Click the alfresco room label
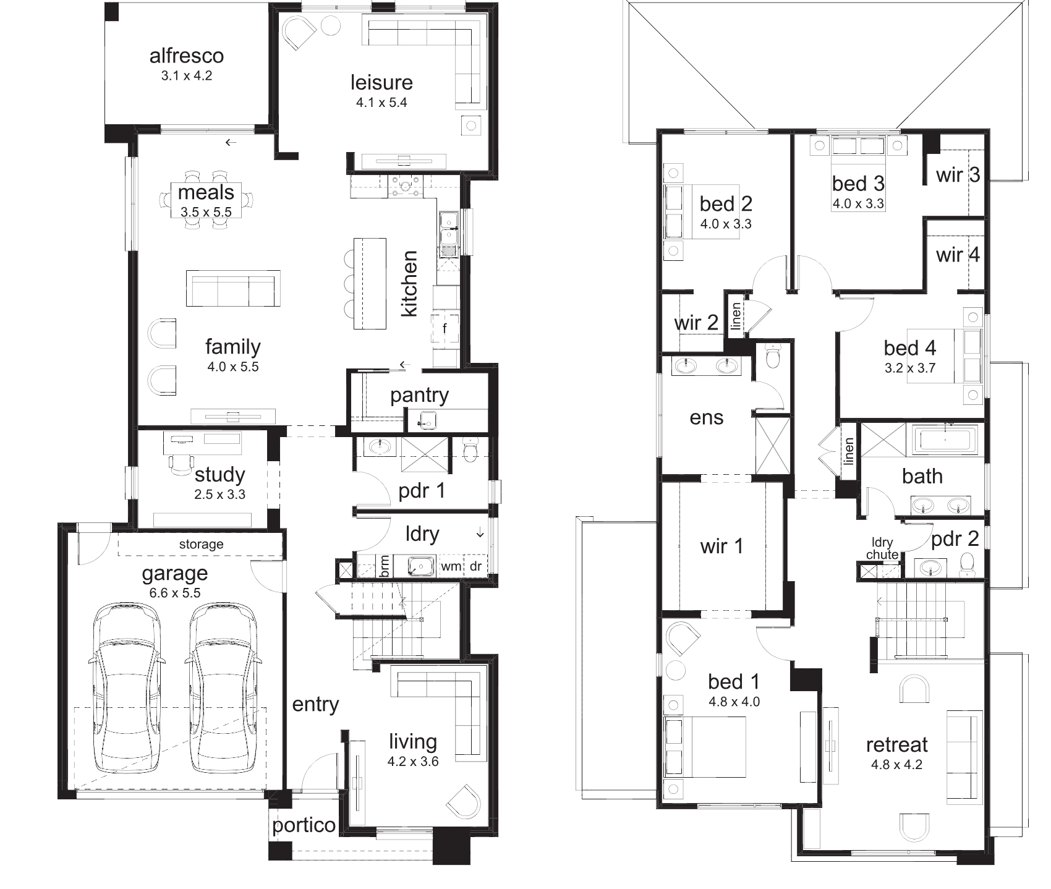click(x=187, y=56)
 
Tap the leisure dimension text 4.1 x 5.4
click(x=381, y=103)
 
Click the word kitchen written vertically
click(x=409, y=283)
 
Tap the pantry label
click(x=419, y=395)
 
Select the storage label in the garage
click(x=201, y=544)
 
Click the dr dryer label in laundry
click(x=475, y=566)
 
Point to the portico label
click(x=304, y=825)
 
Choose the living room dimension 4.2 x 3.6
click(x=413, y=762)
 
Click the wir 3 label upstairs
click(x=958, y=175)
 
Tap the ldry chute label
click(x=882, y=548)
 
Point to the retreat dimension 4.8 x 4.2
click(x=896, y=764)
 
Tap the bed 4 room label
click(x=910, y=348)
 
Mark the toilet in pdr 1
click(x=470, y=451)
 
